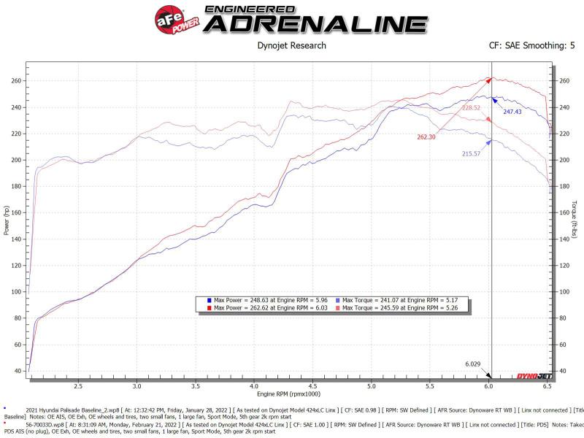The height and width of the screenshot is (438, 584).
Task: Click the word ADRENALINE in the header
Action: pyautogui.click(x=315, y=23)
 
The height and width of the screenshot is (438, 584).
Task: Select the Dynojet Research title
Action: pyautogui.click(x=291, y=45)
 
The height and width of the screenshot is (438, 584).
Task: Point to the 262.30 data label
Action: pyautogui.click(x=426, y=137)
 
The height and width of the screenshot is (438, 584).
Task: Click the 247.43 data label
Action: pyautogui.click(x=512, y=112)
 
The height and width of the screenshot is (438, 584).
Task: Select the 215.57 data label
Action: pyautogui.click(x=473, y=154)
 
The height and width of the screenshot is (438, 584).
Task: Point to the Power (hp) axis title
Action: pyautogui.click(x=7, y=219)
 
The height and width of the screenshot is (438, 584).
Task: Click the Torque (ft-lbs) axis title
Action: pyautogui.click(x=577, y=219)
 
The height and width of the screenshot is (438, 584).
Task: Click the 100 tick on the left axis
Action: pyautogui.click(x=17, y=291)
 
